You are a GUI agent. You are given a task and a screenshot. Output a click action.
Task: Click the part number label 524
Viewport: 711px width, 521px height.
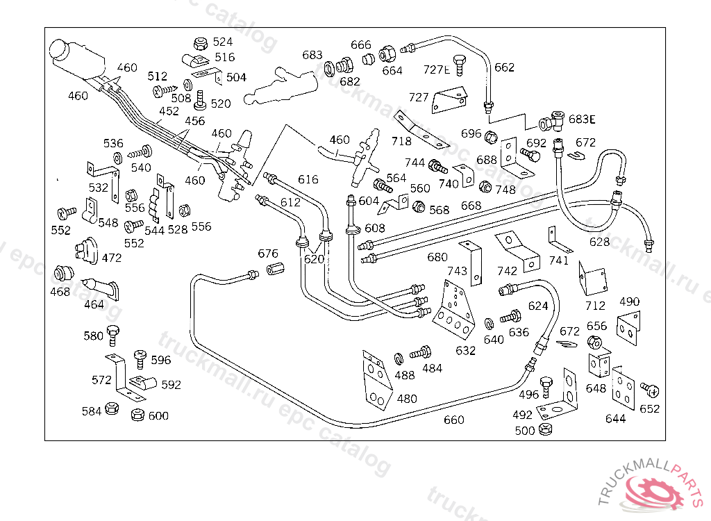(x=223, y=42)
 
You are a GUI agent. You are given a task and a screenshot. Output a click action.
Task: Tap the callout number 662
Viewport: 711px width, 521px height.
(x=504, y=67)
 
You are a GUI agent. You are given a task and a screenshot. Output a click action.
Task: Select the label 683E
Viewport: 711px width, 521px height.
(x=582, y=119)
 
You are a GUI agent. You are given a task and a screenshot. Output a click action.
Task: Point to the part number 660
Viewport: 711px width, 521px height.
(x=453, y=420)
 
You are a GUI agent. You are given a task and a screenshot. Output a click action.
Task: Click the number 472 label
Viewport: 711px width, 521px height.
(x=112, y=258)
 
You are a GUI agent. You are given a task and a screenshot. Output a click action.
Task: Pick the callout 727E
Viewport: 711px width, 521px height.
(x=437, y=69)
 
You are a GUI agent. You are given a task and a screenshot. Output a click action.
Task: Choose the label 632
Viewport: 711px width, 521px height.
(x=465, y=350)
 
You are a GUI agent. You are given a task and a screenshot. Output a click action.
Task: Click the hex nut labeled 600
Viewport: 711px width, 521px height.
(x=137, y=415)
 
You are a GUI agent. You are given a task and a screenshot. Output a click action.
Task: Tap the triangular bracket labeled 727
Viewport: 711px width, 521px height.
(x=450, y=99)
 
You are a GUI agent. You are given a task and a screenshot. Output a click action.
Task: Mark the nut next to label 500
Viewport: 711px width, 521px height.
(x=545, y=429)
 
